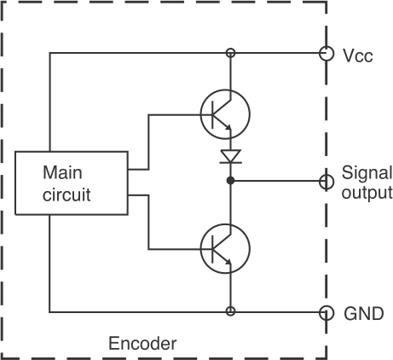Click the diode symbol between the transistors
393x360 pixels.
(231, 157)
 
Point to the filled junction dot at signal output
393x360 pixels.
(231, 180)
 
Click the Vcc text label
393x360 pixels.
(358, 55)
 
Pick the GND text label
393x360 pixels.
(364, 314)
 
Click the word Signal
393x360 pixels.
(367, 173)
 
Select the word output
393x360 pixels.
(367, 193)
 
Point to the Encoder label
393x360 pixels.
(142, 343)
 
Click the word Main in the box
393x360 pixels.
(62, 172)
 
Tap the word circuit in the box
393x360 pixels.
(66, 195)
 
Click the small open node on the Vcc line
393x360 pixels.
(231, 53)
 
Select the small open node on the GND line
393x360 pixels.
(231, 311)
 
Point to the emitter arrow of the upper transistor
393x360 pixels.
(228, 127)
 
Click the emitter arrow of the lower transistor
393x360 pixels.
(228, 261)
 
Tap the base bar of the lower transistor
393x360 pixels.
(212, 249)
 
